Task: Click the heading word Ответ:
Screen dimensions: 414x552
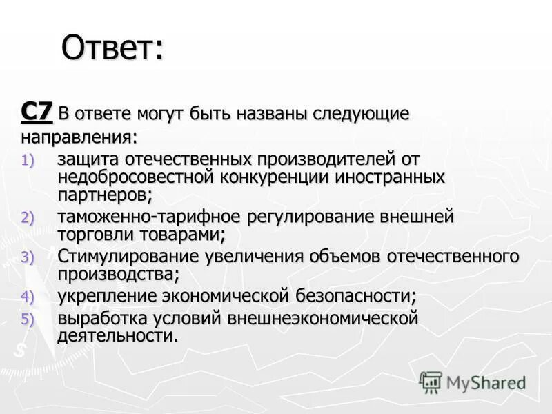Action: point(112,48)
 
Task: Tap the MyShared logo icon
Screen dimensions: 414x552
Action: point(431,382)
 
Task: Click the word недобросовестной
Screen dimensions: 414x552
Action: point(137,177)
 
